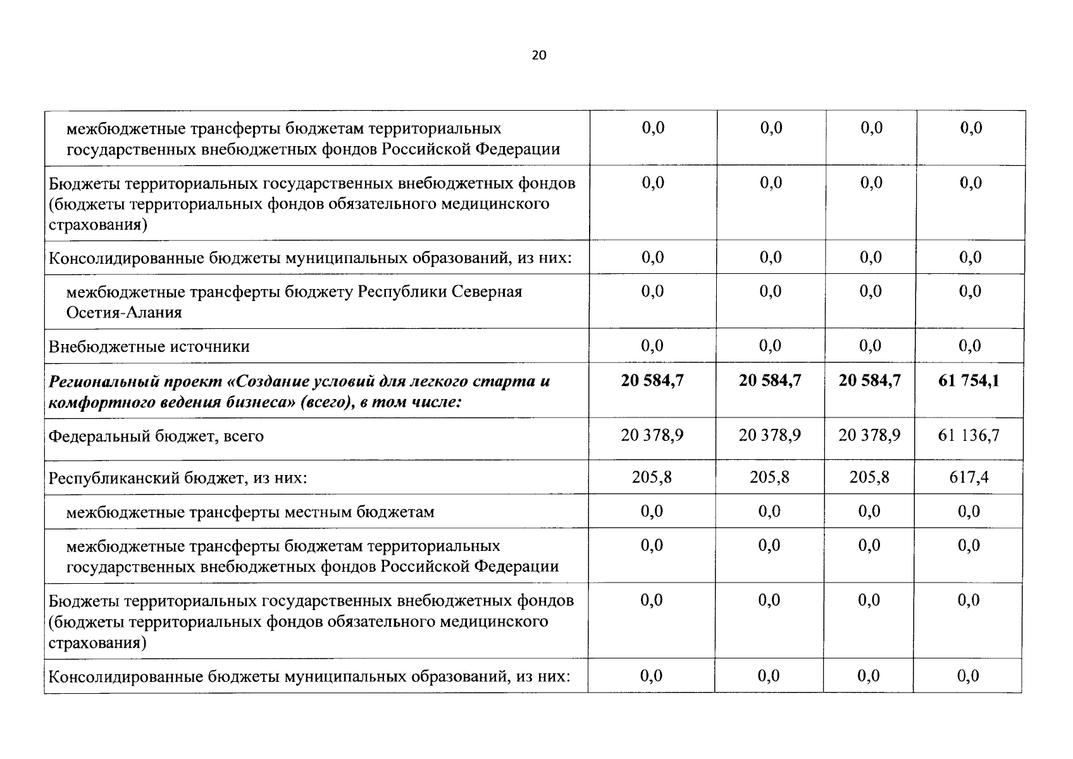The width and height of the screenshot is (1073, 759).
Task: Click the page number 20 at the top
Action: coord(538,55)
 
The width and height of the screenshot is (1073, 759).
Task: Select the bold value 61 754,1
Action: coord(969,381)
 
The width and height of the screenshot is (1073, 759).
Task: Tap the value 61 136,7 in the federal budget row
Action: coord(969,436)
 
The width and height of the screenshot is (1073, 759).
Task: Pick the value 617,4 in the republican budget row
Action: coord(969,477)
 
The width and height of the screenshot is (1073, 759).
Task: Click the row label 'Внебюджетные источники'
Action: coord(149,347)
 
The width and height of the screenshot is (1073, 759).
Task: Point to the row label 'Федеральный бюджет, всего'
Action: coord(156,436)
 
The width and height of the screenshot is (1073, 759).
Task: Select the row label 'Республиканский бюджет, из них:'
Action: coord(178,478)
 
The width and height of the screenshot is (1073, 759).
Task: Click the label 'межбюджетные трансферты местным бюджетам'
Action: coord(251,512)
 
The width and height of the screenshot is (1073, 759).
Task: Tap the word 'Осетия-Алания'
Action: coord(124,312)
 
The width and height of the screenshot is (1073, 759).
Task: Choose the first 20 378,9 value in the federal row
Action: coord(652,436)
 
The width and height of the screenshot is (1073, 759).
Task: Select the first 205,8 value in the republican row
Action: coord(652,477)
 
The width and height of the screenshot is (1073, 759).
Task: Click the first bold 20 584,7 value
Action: coord(652,381)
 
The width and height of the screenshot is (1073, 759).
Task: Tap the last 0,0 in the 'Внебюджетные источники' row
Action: coord(970,346)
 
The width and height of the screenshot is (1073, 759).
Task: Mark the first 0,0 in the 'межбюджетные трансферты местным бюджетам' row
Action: coord(652,511)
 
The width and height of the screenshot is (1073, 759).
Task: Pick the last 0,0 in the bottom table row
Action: coord(968,676)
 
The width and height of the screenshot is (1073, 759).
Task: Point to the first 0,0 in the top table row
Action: coord(653,128)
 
